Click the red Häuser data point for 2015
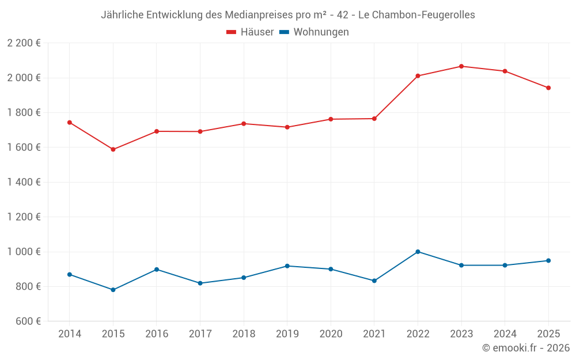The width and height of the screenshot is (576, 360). point(113,149)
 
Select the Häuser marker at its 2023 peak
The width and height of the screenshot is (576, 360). point(461,66)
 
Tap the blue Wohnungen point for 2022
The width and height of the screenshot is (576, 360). point(418,252)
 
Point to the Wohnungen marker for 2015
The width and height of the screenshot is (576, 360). point(113,290)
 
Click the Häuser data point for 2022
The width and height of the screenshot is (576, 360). point(418,76)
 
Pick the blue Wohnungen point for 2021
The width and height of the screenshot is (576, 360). point(374,281)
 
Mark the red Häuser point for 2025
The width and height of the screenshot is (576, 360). point(548,88)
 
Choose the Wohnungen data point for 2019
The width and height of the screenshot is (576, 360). point(287,266)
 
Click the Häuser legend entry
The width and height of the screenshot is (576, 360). point(250,32)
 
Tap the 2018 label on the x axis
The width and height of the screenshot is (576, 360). point(243,334)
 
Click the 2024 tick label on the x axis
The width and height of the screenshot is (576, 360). point(505,334)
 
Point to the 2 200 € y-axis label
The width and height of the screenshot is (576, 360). point(24,43)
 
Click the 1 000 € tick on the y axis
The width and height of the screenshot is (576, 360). point(24,252)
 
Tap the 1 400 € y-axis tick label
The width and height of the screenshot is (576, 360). point(24,182)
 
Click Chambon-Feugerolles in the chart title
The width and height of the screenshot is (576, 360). point(424,15)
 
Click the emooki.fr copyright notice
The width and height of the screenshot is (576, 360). point(526,348)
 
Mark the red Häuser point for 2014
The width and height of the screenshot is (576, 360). point(69,122)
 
